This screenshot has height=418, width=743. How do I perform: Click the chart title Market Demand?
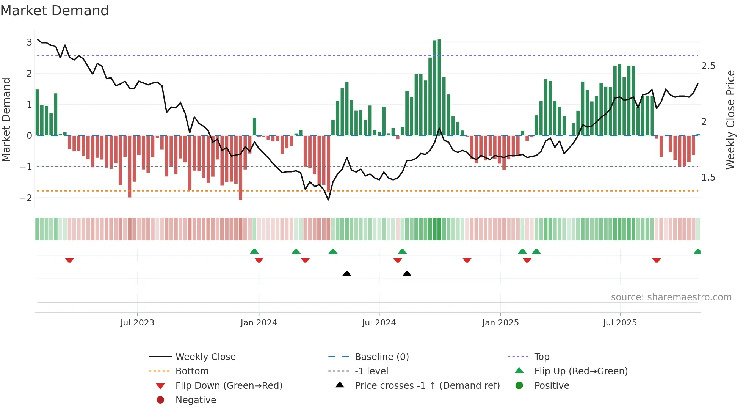point(55,11)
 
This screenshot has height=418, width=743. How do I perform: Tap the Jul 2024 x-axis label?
point(379,323)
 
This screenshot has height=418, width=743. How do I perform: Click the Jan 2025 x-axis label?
point(500,323)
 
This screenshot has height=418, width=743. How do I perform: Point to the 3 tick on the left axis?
point(29,42)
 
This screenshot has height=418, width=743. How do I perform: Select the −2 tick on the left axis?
point(26,198)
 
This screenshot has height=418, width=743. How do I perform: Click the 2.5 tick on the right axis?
point(708,66)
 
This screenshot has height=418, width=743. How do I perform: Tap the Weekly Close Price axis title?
point(730,119)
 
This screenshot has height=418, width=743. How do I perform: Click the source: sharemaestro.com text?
point(671,297)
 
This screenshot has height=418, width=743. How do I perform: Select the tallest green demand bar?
point(439,87)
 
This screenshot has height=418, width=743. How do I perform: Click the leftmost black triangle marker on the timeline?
point(346,273)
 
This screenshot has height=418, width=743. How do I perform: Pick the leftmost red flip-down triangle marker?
point(69,260)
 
